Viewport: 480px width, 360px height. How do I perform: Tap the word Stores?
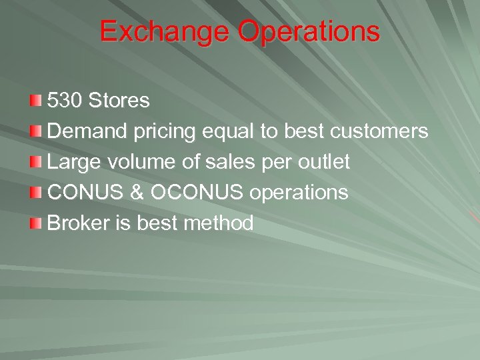pos(119,101)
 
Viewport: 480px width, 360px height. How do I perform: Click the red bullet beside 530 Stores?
pos(36,101)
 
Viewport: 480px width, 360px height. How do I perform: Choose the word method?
pos(219,223)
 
